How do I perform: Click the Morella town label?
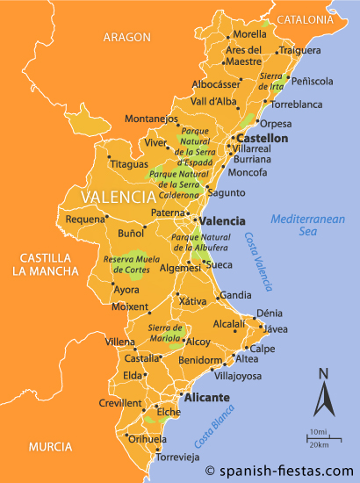[249, 34]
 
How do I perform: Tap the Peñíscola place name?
[312, 81]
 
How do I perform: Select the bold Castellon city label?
[262, 139]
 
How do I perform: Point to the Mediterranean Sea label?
[307, 225]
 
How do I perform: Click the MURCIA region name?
[49, 447]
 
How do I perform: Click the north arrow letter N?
[323, 375]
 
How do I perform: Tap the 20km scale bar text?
[319, 443]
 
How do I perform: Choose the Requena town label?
[84, 219]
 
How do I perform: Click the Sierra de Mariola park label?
[165, 332]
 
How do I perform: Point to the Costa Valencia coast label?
[259, 262]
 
